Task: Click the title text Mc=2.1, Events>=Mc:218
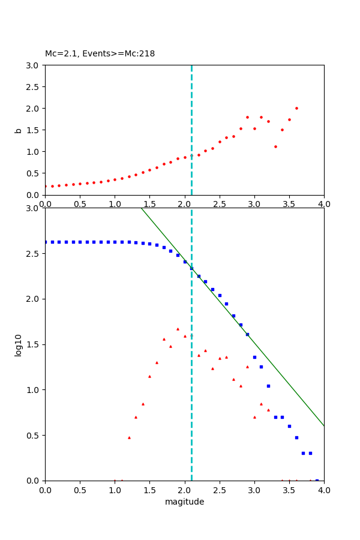[100, 54]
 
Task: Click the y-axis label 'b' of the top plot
[19, 130]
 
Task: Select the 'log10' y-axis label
[19, 345]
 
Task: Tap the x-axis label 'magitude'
[184, 502]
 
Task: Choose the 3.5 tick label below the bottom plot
[289, 490]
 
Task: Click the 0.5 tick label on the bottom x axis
[80, 490]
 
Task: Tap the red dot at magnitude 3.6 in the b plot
[296, 108]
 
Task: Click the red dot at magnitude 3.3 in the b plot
[275, 146]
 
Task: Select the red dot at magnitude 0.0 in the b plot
[45, 186]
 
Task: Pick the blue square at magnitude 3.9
[317, 480]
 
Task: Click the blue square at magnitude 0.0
[45, 242]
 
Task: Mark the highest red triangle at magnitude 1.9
[178, 329]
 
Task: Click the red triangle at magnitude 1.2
[129, 437]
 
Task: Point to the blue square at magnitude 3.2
[268, 386]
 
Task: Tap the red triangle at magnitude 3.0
[254, 417]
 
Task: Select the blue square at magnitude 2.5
[220, 295]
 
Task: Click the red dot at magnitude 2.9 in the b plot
[247, 117]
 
